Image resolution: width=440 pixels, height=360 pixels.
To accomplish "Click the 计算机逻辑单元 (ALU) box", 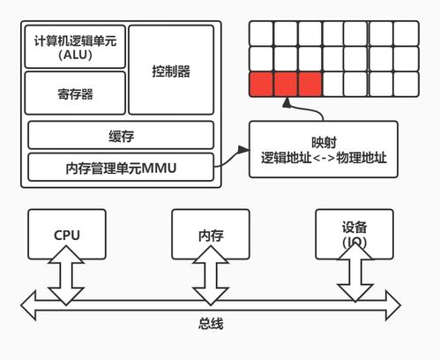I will [x=74, y=47].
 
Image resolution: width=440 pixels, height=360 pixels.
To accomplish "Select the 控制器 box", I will [x=171, y=69].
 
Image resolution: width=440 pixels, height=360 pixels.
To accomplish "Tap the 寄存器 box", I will [x=74, y=94].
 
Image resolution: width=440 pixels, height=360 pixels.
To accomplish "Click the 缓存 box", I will [x=121, y=135].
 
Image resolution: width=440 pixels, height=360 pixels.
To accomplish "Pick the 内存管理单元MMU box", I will [x=121, y=165].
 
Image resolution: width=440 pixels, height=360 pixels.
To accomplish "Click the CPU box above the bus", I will [x=67, y=235].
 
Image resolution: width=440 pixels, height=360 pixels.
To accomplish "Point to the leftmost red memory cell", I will [x=262, y=84].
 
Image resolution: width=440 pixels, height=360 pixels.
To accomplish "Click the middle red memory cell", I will [x=286, y=84].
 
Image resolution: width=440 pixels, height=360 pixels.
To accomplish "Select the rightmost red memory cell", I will [x=309, y=84].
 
